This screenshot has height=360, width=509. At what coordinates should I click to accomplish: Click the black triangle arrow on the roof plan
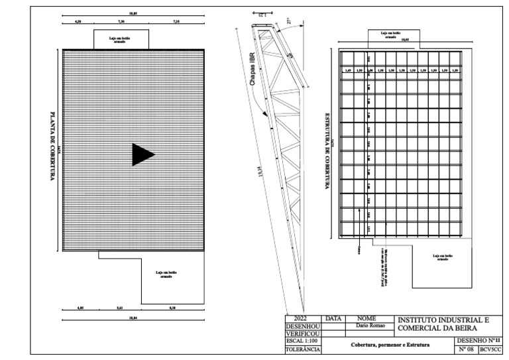click(x=142, y=154)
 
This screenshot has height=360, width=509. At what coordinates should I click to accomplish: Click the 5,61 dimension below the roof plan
click(x=119, y=308)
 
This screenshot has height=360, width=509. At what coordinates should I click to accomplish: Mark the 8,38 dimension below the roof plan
click(x=173, y=308)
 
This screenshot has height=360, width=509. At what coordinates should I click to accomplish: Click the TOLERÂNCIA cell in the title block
click(x=303, y=349)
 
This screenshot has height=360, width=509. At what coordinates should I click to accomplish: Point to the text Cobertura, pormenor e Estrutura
click(x=390, y=345)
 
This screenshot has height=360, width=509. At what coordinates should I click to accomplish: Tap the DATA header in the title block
click(x=334, y=319)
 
